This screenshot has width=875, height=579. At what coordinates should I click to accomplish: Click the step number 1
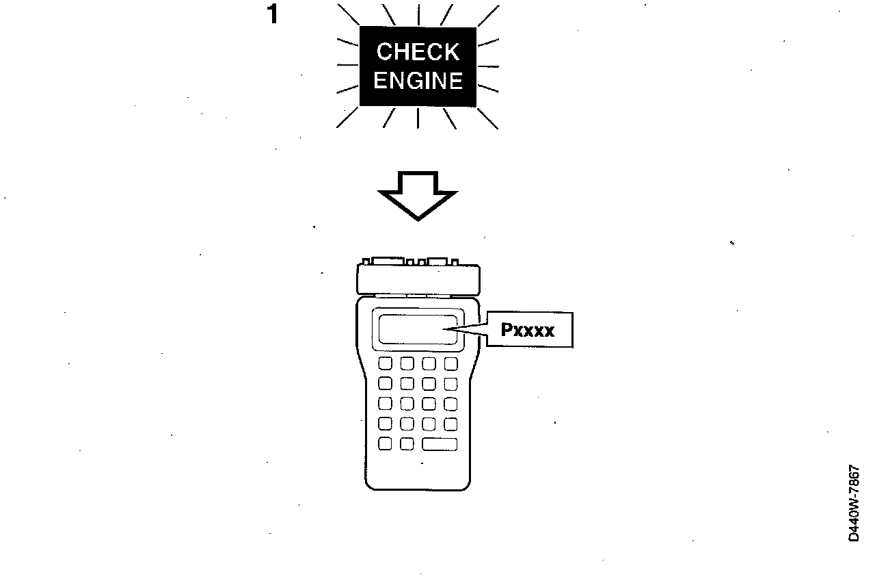click(273, 15)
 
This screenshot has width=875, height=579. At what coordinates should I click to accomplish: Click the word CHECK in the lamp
click(418, 51)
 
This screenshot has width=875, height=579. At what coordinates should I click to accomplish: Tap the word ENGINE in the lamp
click(418, 81)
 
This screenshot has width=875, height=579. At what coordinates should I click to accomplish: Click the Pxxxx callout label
click(528, 331)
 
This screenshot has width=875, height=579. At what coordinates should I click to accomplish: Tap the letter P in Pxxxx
click(507, 331)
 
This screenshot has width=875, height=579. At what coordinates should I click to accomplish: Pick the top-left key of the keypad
click(385, 363)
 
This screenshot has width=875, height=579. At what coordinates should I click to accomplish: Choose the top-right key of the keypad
click(450, 363)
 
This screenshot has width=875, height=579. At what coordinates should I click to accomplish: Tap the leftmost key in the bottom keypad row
click(385, 444)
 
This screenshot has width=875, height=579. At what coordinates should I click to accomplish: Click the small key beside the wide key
click(407, 444)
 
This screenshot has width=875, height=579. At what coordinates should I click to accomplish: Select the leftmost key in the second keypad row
click(385, 383)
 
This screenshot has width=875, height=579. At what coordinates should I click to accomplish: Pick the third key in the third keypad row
click(429, 404)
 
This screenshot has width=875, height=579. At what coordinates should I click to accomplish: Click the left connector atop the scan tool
click(386, 261)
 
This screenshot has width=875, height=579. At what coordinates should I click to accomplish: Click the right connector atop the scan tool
click(437, 261)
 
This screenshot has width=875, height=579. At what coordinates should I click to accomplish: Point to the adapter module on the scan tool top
click(418, 279)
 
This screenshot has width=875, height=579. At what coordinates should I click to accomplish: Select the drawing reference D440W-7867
click(854, 504)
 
